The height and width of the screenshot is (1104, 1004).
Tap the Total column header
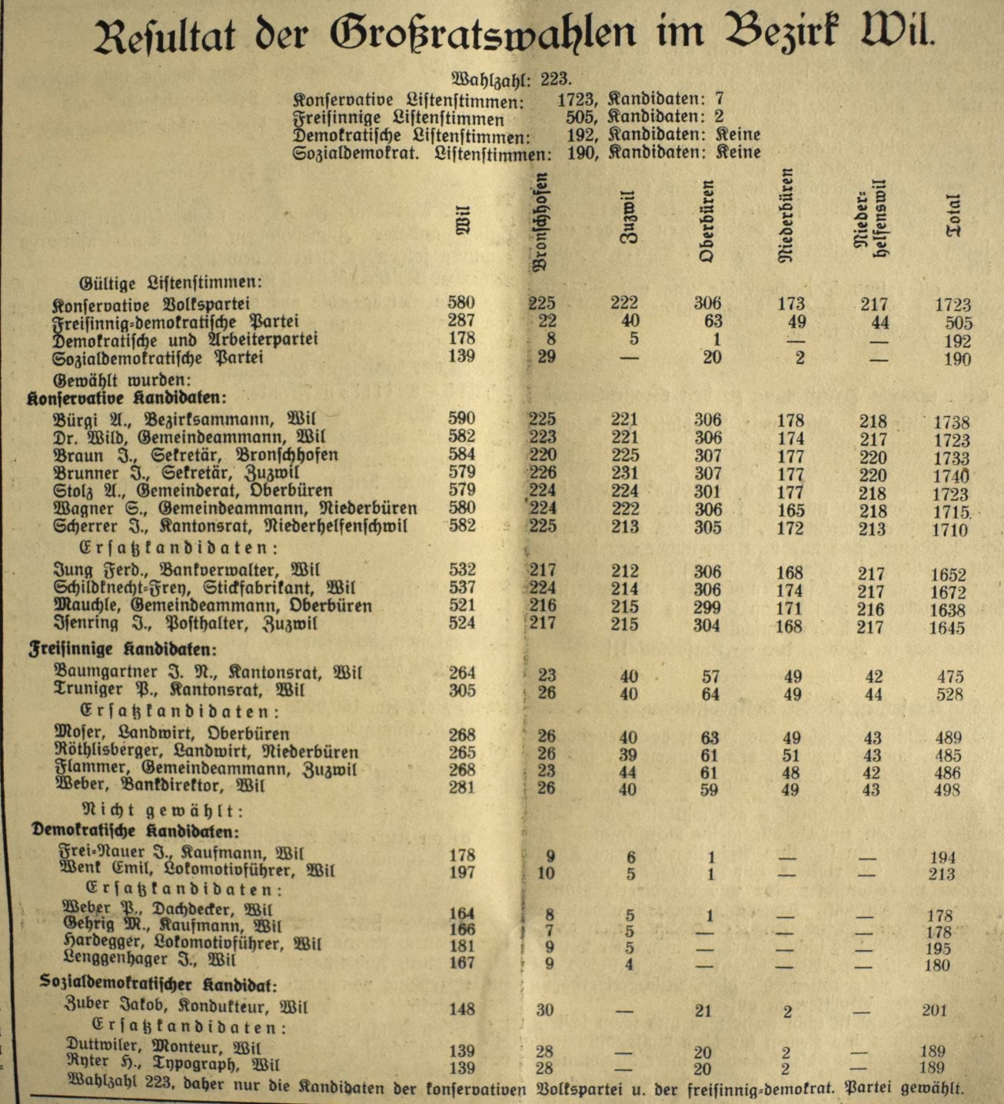coord(953,216)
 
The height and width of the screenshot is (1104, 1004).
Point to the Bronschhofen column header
coord(541,221)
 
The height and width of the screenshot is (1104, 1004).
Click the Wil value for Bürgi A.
coord(461,419)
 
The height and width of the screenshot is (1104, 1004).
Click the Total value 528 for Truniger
coord(950,695)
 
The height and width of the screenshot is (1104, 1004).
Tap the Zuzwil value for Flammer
coord(629,771)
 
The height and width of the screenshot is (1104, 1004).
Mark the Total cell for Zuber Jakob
coord(934,1010)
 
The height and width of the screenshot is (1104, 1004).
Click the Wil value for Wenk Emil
coord(461,872)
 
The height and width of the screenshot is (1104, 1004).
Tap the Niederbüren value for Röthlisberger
coord(790,755)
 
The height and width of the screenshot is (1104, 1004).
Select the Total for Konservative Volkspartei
coord(952,305)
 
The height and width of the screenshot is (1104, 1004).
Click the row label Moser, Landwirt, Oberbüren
coord(172,733)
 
